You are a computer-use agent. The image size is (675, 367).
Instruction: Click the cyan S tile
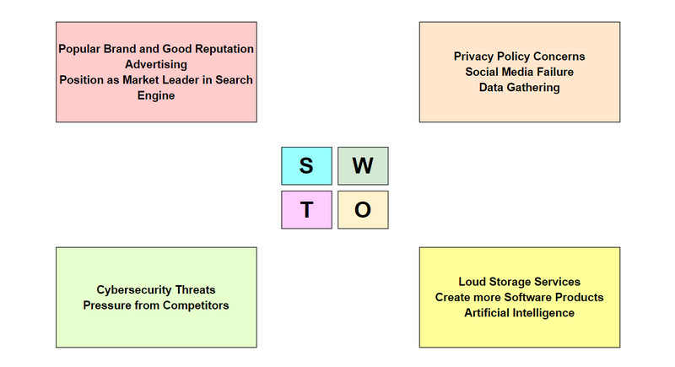[306, 166]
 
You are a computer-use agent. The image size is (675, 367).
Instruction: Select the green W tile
[363, 166]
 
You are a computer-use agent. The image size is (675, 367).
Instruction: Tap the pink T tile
[306, 210]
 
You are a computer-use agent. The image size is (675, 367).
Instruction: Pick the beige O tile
[363, 210]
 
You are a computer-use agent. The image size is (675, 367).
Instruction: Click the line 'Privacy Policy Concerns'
[519, 57]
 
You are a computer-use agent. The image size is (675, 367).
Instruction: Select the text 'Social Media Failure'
[519, 72]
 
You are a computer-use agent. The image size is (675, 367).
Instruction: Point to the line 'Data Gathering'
[519, 87]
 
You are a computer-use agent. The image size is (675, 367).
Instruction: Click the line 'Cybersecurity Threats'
[156, 289]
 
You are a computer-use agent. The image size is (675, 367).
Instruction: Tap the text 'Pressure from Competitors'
[156, 305]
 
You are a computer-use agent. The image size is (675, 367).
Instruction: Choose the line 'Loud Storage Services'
[519, 282]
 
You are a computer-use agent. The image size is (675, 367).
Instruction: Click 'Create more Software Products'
[519, 297]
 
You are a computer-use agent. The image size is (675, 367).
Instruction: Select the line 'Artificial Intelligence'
[519, 312]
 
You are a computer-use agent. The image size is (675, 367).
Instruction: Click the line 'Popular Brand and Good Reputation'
[156, 49]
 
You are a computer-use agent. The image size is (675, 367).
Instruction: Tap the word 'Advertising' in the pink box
[156, 64]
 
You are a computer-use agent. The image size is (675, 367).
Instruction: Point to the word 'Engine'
[156, 95]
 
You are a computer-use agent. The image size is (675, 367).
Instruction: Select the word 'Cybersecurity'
[127, 289]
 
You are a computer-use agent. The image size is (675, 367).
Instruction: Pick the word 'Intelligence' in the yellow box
[540, 312]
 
